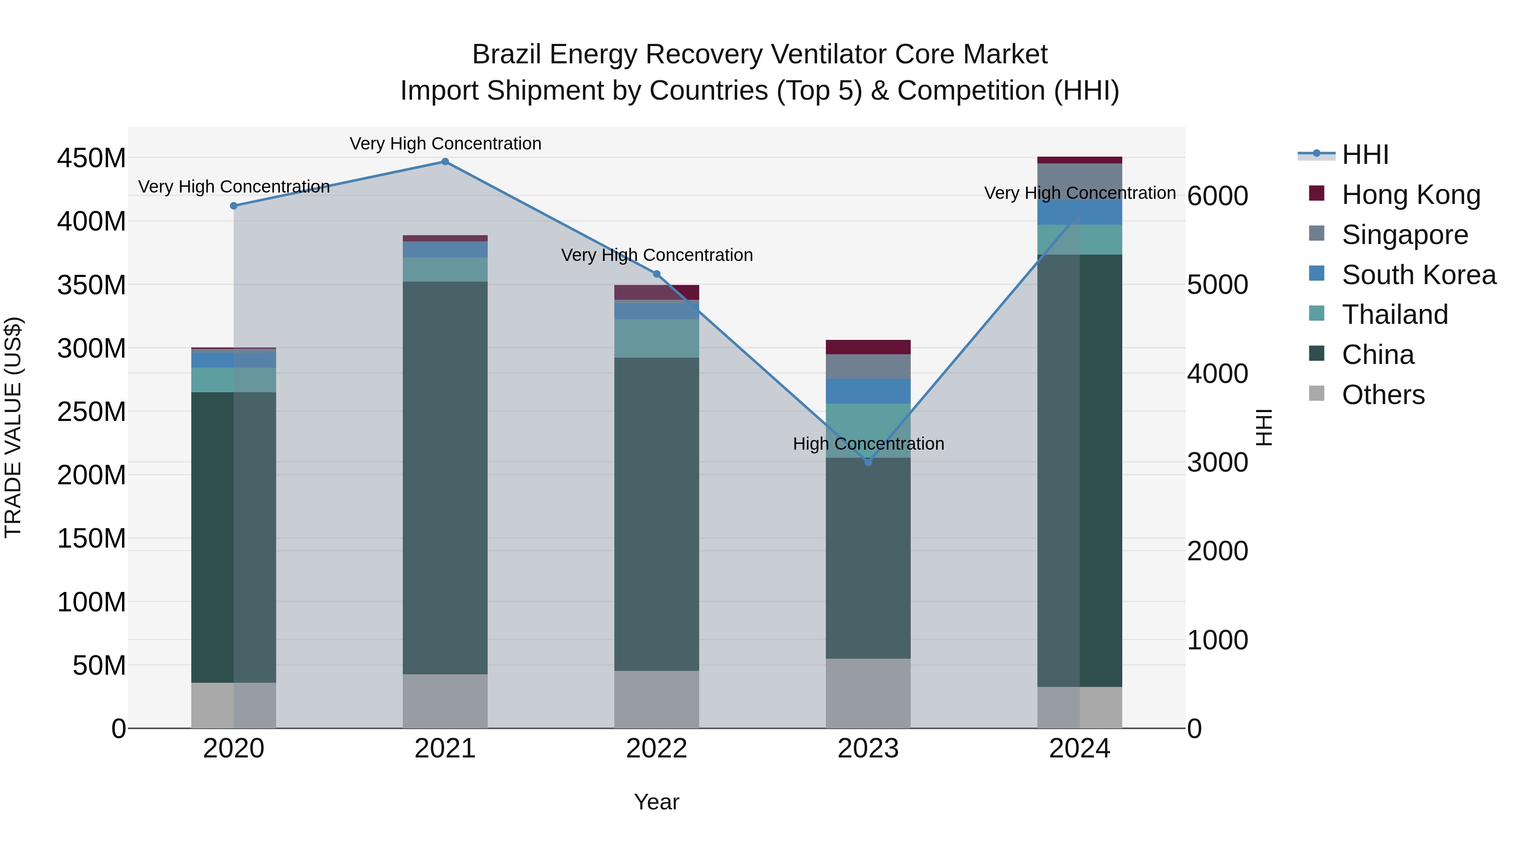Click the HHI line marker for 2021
445,162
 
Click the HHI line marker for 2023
868,462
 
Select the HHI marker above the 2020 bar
233,206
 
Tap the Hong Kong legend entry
1410,195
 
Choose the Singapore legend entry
1404,235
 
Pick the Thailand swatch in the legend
1316,313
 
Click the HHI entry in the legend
1365,155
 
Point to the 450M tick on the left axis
92,158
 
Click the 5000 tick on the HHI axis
1217,285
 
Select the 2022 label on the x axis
656,749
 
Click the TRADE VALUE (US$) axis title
13,427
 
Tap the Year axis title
656,802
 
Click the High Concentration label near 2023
868,444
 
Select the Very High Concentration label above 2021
445,144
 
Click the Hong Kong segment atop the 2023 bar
868,347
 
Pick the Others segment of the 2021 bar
445,701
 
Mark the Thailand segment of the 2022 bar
656,338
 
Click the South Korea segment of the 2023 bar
868,391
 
